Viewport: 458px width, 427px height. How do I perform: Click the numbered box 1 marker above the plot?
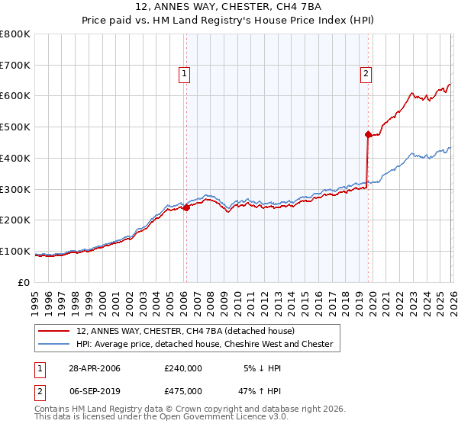pos(185,74)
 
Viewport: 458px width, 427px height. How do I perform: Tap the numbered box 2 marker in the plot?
pos(366,74)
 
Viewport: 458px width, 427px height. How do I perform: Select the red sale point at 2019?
pos(368,135)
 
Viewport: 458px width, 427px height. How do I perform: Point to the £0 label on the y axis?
pos(24,282)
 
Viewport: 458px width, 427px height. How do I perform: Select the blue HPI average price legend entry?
pos(205,344)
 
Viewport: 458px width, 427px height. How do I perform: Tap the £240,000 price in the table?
pos(182,368)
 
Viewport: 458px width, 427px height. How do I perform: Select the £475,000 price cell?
pos(182,392)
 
